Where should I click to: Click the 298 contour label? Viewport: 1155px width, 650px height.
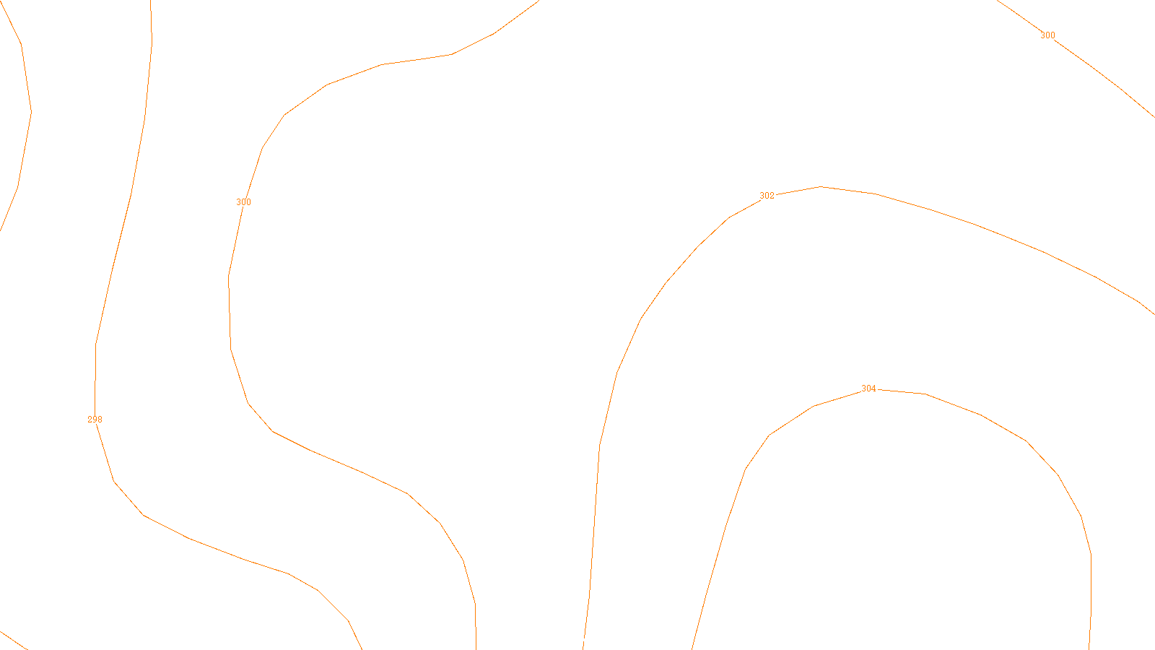click(95, 420)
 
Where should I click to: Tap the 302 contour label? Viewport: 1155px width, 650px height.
click(767, 196)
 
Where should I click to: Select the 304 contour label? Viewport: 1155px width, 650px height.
click(868, 389)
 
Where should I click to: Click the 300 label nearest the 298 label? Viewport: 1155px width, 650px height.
click(244, 202)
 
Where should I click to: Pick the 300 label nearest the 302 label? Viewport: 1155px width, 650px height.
click(1047, 35)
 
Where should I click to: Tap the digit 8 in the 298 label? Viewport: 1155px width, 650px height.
click(100, 420)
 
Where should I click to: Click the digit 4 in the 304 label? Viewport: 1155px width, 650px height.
click(873, 389)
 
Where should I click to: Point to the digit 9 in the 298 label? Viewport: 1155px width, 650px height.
click(95, 420)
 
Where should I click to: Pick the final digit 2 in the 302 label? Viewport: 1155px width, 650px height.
click(772, 196)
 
